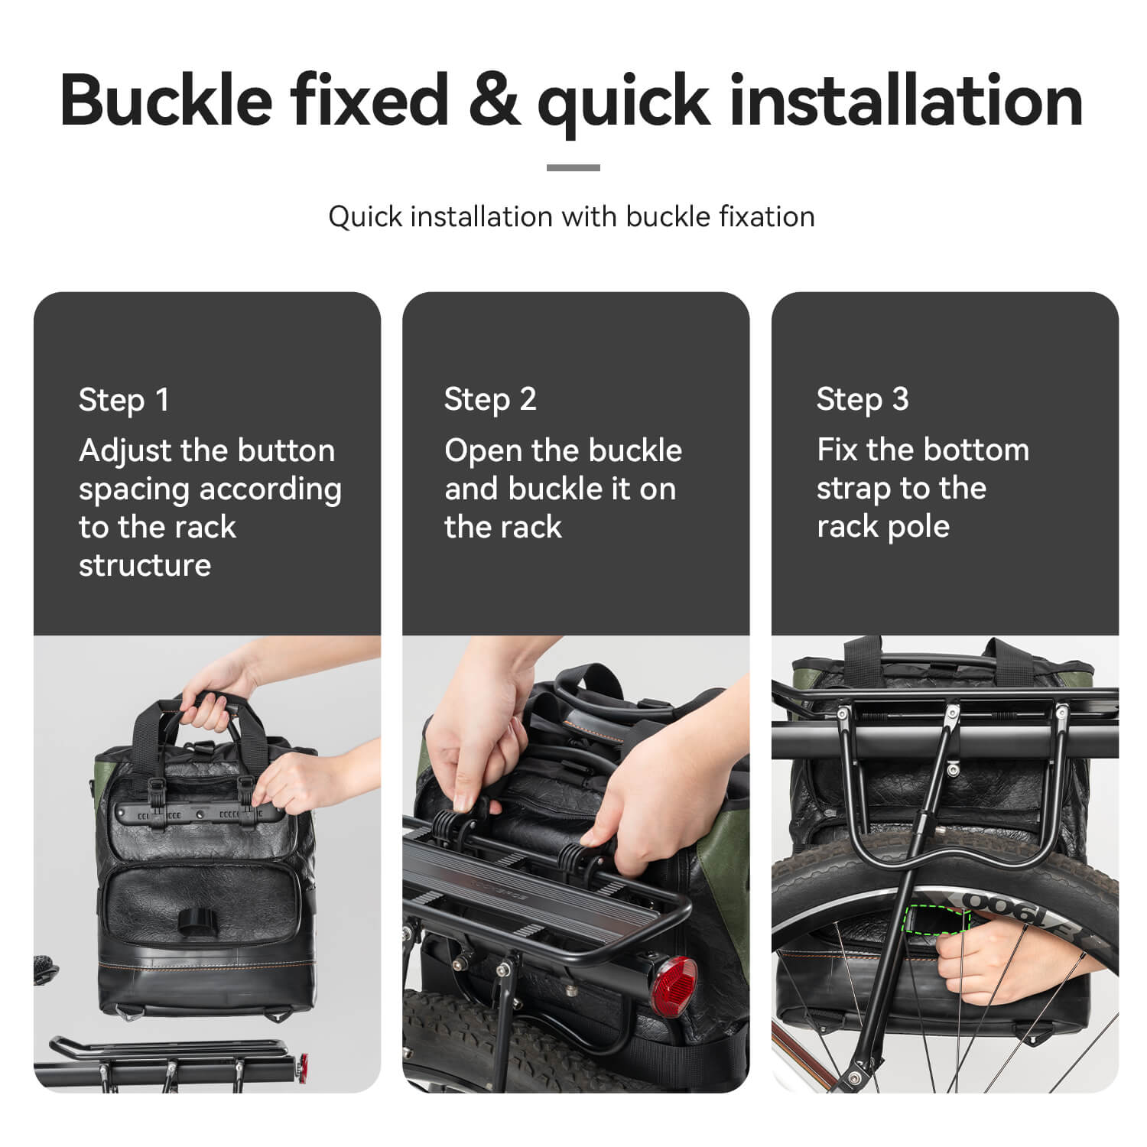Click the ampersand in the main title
pos(492,100)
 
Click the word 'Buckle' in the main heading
pos(166,100)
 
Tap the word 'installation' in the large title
pos(906,100)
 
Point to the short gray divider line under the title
pos(573,167)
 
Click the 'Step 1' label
pos(124,400)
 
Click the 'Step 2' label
pos(490,400)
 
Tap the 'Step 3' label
pos(863,400)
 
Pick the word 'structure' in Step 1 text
pos(145,566)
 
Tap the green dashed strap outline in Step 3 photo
pos(934,921)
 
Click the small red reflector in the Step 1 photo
pos(304,1064)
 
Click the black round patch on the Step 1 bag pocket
pos(199,921)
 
